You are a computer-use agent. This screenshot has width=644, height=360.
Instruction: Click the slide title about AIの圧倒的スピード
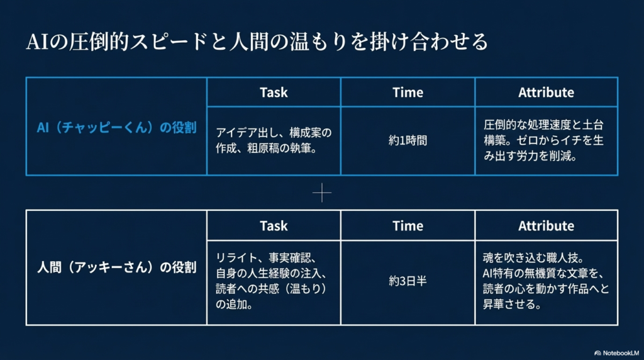pos(257,42)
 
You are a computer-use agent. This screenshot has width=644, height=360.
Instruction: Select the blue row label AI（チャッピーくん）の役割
pos(116,127)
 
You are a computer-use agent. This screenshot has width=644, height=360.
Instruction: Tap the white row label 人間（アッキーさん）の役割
pos(116,267)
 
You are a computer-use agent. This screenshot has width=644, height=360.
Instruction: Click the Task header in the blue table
pos(274,93)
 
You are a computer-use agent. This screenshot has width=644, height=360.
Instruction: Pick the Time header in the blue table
pos(408,93)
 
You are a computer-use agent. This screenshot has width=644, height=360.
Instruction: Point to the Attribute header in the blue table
pos(547,93)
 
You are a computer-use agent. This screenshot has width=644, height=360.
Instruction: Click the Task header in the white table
pos(274,226)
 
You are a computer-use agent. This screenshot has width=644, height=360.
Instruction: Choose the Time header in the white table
pos(408,226)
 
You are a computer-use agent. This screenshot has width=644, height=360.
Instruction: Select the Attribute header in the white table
pos(547,226)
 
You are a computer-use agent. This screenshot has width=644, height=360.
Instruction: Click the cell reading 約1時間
pos(408,140)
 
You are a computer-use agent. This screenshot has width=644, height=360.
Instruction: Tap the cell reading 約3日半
pos(408,281)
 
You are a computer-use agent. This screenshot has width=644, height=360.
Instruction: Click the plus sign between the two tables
pos(322,193)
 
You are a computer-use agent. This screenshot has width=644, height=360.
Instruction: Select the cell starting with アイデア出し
pos(274,140)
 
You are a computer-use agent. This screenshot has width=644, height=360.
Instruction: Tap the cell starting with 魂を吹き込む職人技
pos(546,281)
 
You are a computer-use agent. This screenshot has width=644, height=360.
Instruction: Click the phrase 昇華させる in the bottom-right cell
pos(512,305)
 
